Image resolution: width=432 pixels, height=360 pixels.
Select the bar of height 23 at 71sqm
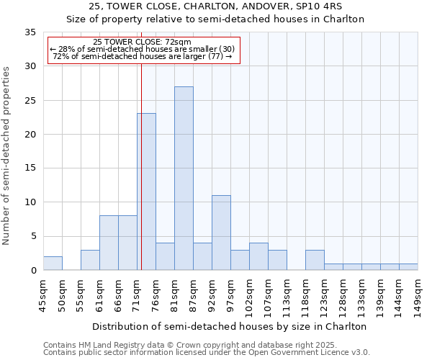147,192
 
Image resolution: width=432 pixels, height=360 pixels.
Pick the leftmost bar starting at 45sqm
53,264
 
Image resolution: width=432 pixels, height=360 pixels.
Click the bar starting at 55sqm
90,260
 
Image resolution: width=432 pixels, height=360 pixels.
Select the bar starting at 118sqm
315,260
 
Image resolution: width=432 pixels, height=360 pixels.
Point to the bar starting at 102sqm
258,257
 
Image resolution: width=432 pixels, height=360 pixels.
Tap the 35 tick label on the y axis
30,32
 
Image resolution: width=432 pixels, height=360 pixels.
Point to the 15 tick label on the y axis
30,168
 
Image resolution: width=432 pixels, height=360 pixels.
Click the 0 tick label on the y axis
33,271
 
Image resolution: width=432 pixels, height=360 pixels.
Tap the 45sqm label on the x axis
44,293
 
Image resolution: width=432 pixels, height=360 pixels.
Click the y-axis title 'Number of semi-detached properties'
7,156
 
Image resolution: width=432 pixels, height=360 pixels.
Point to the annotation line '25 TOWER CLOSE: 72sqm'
142,42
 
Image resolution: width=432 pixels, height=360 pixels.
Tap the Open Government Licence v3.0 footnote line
207,352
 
